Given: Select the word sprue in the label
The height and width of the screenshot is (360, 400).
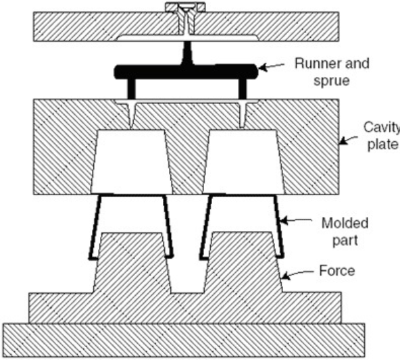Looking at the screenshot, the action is (x=331, y=81).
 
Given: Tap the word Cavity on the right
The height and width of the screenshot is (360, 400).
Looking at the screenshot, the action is (x=382, y=127).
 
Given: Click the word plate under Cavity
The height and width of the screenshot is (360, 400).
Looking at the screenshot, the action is (x=382, y=145).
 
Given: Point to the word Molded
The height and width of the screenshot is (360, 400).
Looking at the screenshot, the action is (x=345, y=224).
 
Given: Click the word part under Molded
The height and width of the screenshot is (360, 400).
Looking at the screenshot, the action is (x=345, y=240).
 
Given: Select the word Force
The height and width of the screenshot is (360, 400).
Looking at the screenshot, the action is (x=337, y=271).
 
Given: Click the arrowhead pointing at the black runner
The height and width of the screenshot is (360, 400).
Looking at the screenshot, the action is (x=263, y=68).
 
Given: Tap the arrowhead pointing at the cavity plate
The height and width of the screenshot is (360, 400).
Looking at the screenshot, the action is (x=343, y=141).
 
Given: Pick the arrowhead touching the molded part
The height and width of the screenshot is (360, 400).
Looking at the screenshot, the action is (x=284, y=220).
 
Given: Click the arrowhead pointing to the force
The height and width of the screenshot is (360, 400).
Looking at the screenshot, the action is (x=286, y=276).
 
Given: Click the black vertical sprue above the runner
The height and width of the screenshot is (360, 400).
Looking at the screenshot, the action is (x=187, y=53).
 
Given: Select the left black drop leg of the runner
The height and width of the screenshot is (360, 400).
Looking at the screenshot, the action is (x=131, y=88).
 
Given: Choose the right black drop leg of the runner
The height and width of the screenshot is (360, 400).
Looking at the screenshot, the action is (x=243, y=88).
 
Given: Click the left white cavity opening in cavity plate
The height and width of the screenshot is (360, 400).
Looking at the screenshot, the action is (x=132, y=161).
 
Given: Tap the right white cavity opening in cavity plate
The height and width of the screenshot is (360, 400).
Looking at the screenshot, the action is (x=243, y=161).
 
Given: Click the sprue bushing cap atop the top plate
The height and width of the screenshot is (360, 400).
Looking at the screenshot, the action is (x=185, y=7).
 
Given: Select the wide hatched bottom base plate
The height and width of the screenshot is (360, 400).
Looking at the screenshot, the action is (x=184, y=340).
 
